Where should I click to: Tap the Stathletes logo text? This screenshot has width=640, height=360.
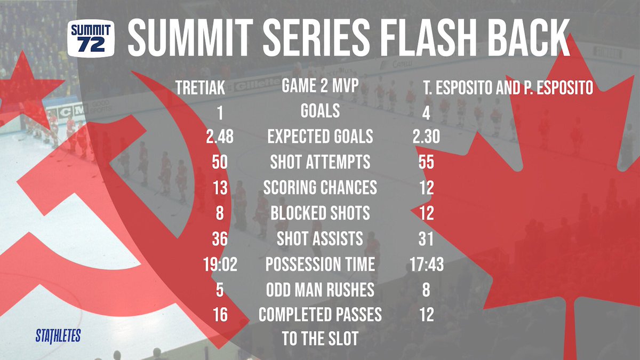pyautogui.click(x=58, y=336)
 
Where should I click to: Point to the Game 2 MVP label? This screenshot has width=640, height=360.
pyautogui.click(x=320, y=85)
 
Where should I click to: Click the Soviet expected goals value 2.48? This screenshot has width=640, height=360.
pyautogui.click(x=220, y=137)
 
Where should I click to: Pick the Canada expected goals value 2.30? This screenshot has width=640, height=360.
pyautogui.click(x=426, y=137)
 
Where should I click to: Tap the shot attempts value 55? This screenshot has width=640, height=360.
pyautogui.click(x=426, y=162)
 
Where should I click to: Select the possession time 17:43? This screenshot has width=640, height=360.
pyautogui.click(x=426, y=264)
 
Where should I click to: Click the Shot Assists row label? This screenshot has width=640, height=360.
pyautogui.click(x=320, y=239)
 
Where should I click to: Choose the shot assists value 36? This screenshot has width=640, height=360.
pyautogui.click(x=220, y=239)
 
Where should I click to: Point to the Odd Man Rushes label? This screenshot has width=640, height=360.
pyautogui.click(x=320, y=290)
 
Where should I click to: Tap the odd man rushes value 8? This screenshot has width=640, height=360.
pyautogui.click(x=426, y=290)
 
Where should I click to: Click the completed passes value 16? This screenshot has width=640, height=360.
pyautogui.click(x=220, y=315)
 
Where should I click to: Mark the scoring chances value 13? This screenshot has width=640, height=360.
pyautogui.click(x=220, y=188)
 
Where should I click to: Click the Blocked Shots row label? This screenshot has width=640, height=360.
pyautogui.click(x=320, y=213)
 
